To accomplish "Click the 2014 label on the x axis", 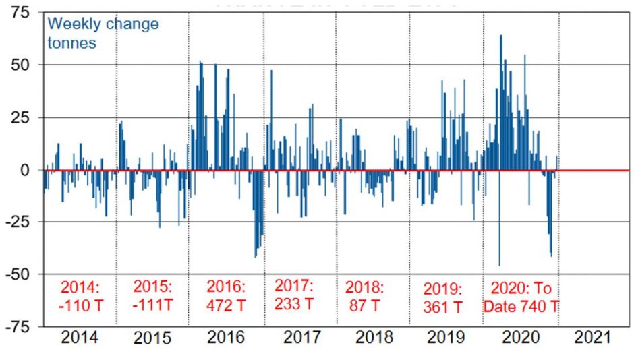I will [x=80, y=338].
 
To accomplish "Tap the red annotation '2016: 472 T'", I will [x=227, y=295].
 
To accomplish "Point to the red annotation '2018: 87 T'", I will [x=365, y=295].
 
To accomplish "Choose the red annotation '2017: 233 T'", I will [x=294, y=294].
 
